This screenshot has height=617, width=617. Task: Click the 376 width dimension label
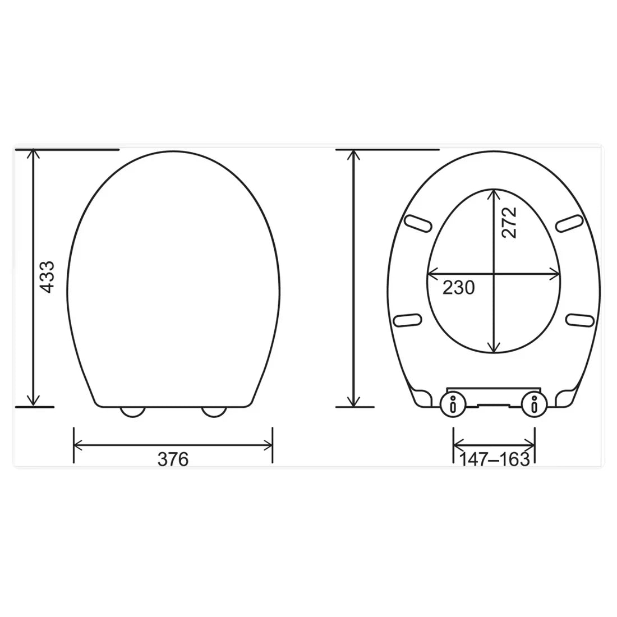[173, 459]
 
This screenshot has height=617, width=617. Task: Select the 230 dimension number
[459, 288]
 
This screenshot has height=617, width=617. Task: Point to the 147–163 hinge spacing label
[494, 459]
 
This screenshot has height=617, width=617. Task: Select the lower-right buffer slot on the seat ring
[579, 320]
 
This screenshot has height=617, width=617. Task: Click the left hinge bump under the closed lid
[133, 412]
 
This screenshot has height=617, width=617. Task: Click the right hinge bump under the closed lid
[214, 412]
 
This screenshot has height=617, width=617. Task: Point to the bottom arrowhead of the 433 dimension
[35, 402]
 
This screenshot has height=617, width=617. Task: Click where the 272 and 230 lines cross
[494, 274]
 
